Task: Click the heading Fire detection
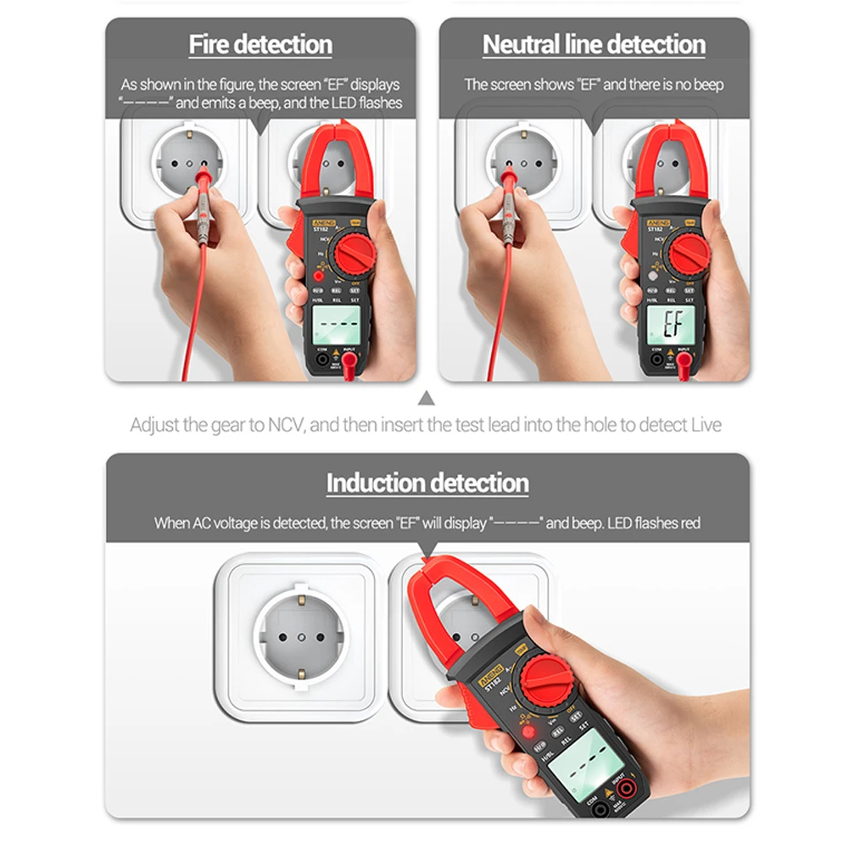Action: click(x=260, y=44)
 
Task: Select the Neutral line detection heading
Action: click(x=594, y=44)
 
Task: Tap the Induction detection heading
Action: click(x=427, y=483)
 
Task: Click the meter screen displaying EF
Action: click(x=671, y=324)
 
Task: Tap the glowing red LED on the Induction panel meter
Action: click(x=528, y=731)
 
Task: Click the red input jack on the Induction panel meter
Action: click(x=628, y=790)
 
